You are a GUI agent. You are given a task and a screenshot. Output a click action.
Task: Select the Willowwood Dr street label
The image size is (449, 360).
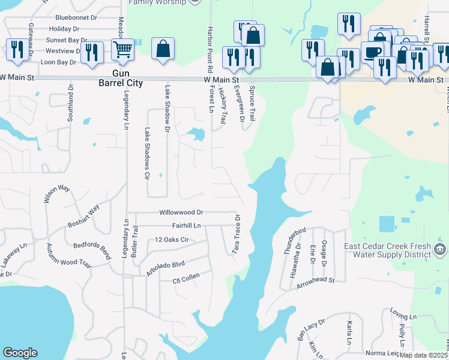click(181, 212)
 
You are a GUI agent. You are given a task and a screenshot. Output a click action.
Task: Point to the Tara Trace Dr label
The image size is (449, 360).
click(237, 234)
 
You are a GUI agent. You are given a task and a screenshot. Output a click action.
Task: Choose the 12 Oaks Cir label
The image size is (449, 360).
click(172, 239)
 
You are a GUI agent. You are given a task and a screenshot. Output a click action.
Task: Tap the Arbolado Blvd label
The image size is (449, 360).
click(165, 268)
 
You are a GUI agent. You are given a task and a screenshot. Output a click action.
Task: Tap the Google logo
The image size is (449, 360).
click(20, 353)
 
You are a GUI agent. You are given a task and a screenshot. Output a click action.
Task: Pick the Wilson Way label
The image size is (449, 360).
click(57, 195)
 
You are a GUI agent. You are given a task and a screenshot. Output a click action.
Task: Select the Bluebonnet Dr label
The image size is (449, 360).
click(75, 18)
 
